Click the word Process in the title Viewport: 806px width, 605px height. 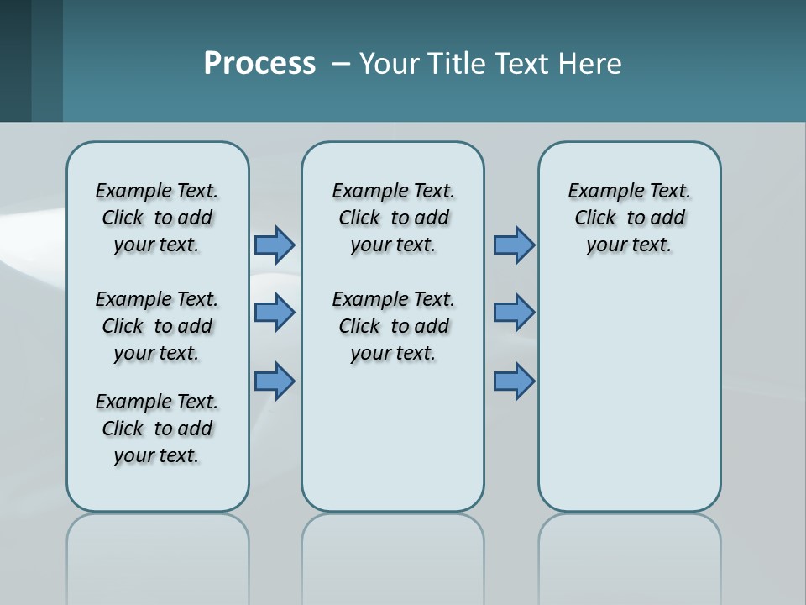(259, 64)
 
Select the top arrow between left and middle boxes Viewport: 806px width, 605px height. (275, 245)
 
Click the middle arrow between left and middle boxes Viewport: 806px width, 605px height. (275, 313)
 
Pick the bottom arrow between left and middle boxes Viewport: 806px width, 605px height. (275, 381)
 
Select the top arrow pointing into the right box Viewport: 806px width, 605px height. (514, 245)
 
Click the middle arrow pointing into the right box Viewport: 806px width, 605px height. (514, 313)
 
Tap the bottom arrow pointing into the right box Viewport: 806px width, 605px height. (514, 381)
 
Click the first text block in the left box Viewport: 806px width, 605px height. (157, 218)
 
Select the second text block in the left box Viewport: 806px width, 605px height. (157, 326)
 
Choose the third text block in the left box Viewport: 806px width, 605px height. (157, 429)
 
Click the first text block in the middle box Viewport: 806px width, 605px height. (393, 218)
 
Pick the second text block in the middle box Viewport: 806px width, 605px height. (393, 326)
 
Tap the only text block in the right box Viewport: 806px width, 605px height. (629, 218)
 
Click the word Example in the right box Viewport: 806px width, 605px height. (599, 192)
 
